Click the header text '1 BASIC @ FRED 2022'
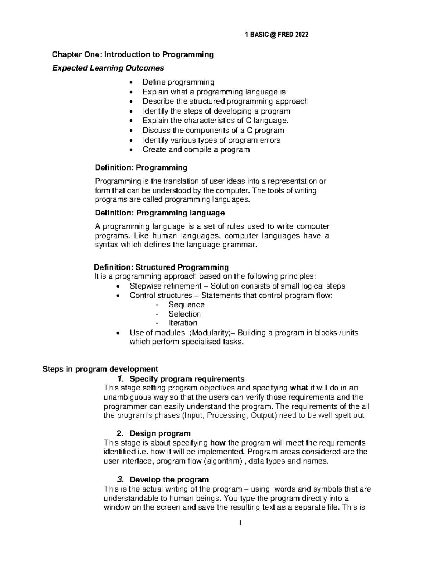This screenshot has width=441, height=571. coord(276,35)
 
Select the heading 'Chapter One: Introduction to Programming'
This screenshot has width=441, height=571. coord(133,55)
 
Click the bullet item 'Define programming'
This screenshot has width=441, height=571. coord(178,82)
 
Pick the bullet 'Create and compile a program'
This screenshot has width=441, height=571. coord(196,150)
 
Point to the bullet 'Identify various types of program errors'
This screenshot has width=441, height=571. coord(211,140)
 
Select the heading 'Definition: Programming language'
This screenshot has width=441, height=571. coord(159,213)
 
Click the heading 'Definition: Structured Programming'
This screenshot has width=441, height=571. coord(161,267)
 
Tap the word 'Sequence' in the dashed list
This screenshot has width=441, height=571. coord(186,305)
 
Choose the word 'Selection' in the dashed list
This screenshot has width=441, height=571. coord(184,314)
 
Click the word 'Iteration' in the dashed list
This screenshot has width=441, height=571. coord(183,323)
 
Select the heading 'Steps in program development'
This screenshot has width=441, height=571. coord(100,369)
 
